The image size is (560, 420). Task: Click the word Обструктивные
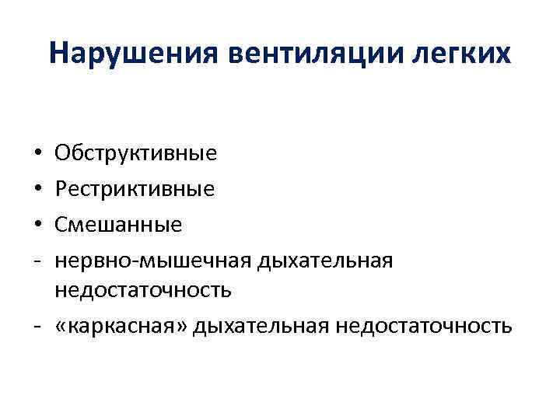(135, 153)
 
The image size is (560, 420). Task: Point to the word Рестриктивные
(135, 189)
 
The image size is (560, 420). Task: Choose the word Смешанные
(118, 225)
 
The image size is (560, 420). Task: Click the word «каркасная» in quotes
(121, 325)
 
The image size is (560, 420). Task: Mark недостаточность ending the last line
(423, 325)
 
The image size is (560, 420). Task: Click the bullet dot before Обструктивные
(37, 154)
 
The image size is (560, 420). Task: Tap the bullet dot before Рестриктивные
(37, 190)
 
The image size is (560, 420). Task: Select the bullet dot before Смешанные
(37, 226)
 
